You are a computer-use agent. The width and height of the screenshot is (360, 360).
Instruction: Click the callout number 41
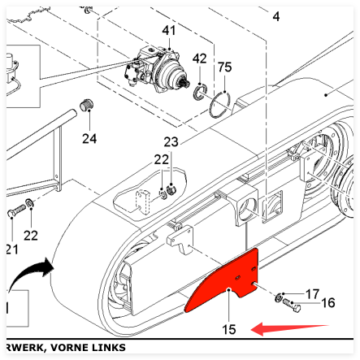[x=169, y=30]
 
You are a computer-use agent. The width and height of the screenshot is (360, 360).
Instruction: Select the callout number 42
[x=199, y=59]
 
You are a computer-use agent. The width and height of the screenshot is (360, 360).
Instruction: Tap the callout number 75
[x=225, y=67]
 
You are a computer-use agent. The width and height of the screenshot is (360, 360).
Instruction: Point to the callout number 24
[x=89, y=139]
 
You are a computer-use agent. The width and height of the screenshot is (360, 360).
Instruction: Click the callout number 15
[x=229, y=330]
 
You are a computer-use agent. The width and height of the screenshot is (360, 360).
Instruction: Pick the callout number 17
[x=312, y=294]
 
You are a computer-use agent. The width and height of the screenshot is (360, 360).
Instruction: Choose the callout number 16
[x=328, y=303]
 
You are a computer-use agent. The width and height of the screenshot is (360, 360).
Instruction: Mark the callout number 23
[x=171, y=142]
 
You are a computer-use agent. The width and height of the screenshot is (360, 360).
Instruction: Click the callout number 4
[x=276, y=17]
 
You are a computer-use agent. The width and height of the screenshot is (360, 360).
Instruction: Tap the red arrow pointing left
[x=289, y=329]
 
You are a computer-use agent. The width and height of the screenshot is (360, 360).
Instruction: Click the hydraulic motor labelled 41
[x=157, y=69]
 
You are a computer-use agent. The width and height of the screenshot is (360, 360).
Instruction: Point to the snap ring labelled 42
[x=201, y=92]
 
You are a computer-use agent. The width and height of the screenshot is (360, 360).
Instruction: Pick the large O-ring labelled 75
[x=219, y=105]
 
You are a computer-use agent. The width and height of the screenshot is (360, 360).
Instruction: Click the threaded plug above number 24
[x=87, y=105]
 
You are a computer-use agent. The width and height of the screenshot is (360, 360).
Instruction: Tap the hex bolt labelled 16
[x=292, y=306]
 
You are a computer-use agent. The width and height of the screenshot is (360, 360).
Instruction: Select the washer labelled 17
[x=278, y=298]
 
